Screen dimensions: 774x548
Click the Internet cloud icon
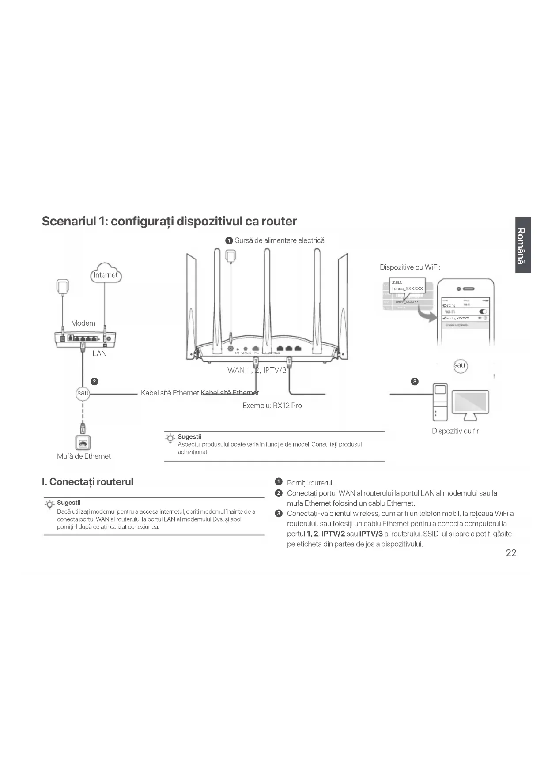106,274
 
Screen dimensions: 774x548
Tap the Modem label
83,323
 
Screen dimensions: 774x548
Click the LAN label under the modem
99,353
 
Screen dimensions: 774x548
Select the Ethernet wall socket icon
83,443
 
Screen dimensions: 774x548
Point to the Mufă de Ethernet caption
84,456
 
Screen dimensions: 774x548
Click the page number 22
511,553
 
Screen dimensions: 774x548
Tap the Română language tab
522,245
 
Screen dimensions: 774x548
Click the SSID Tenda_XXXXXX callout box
407,286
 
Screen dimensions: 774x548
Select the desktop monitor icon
470,405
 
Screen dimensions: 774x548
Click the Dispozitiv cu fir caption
455,431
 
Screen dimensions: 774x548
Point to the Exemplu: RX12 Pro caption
272,406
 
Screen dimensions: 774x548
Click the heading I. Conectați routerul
87,481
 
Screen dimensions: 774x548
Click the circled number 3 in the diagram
415,381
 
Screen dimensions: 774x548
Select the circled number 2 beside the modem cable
94,381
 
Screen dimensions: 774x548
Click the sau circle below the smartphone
460,365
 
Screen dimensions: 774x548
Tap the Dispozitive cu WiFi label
410,267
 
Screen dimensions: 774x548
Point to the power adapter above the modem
63,286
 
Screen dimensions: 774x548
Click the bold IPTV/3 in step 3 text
371,534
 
